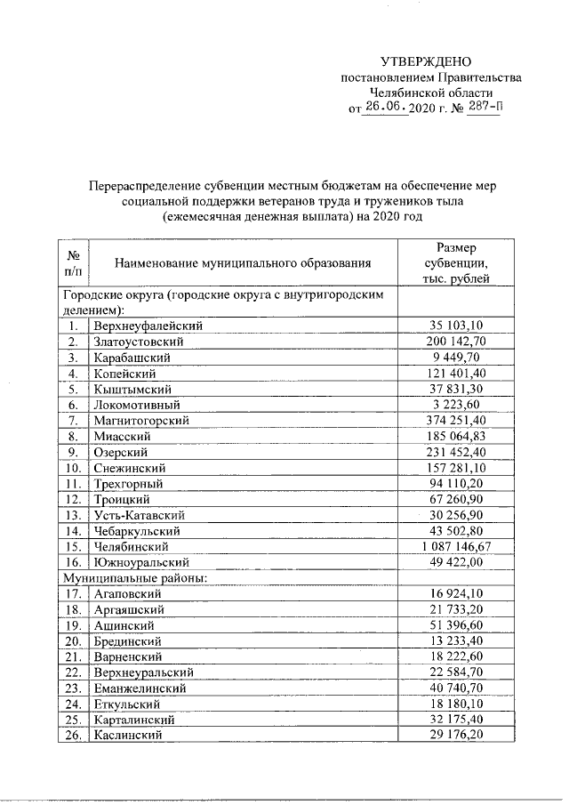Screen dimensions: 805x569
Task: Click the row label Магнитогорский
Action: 140,420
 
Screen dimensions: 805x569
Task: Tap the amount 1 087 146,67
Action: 456,546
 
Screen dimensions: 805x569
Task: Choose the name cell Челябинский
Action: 130,546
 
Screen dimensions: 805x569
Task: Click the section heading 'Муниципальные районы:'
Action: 134,577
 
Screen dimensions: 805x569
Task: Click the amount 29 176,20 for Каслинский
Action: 456,736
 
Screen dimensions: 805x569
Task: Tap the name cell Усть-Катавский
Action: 138,515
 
